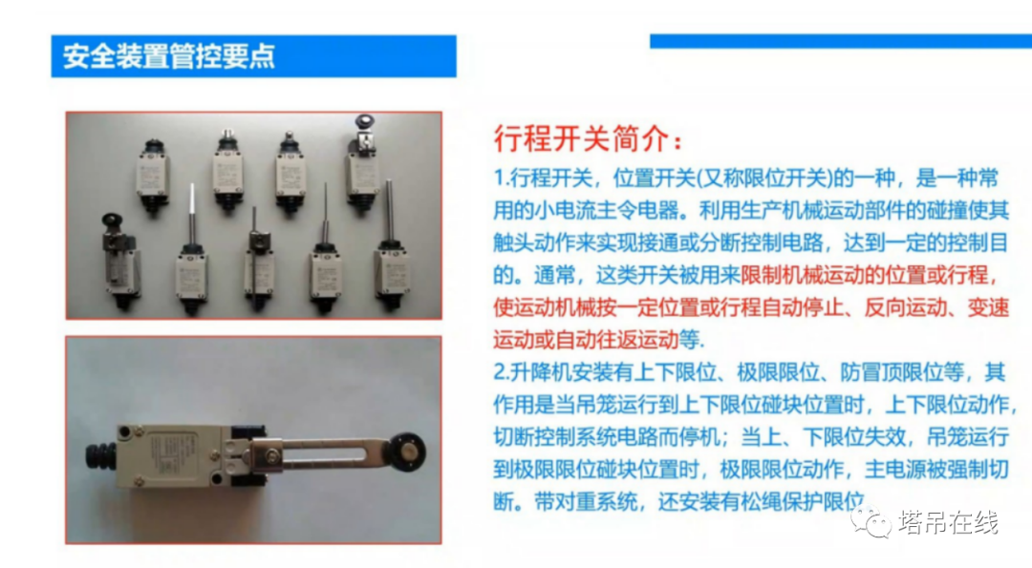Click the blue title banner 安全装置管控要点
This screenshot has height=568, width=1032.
pyautogui.click(x=253, y=56)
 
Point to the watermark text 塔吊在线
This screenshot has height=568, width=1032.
pyautogui.click(x=949, y=522)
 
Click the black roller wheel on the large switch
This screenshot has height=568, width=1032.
pyautogui.click(x=405, y=452)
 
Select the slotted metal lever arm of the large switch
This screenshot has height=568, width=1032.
pyautogui.click(x=323, y=454)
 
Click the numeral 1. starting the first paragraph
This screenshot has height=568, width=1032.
pyautogui.click(x=502, y=179)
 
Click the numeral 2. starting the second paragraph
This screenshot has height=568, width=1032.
pyautogui.click(x=502, y=372)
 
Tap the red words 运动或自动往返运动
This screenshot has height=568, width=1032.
pyautogui.click(x=586, y=340)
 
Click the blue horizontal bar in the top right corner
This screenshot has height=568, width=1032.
pyautogui.click(x=841, y=41)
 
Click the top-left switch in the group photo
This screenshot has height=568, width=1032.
pyautogui.click(x=153, y=177)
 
